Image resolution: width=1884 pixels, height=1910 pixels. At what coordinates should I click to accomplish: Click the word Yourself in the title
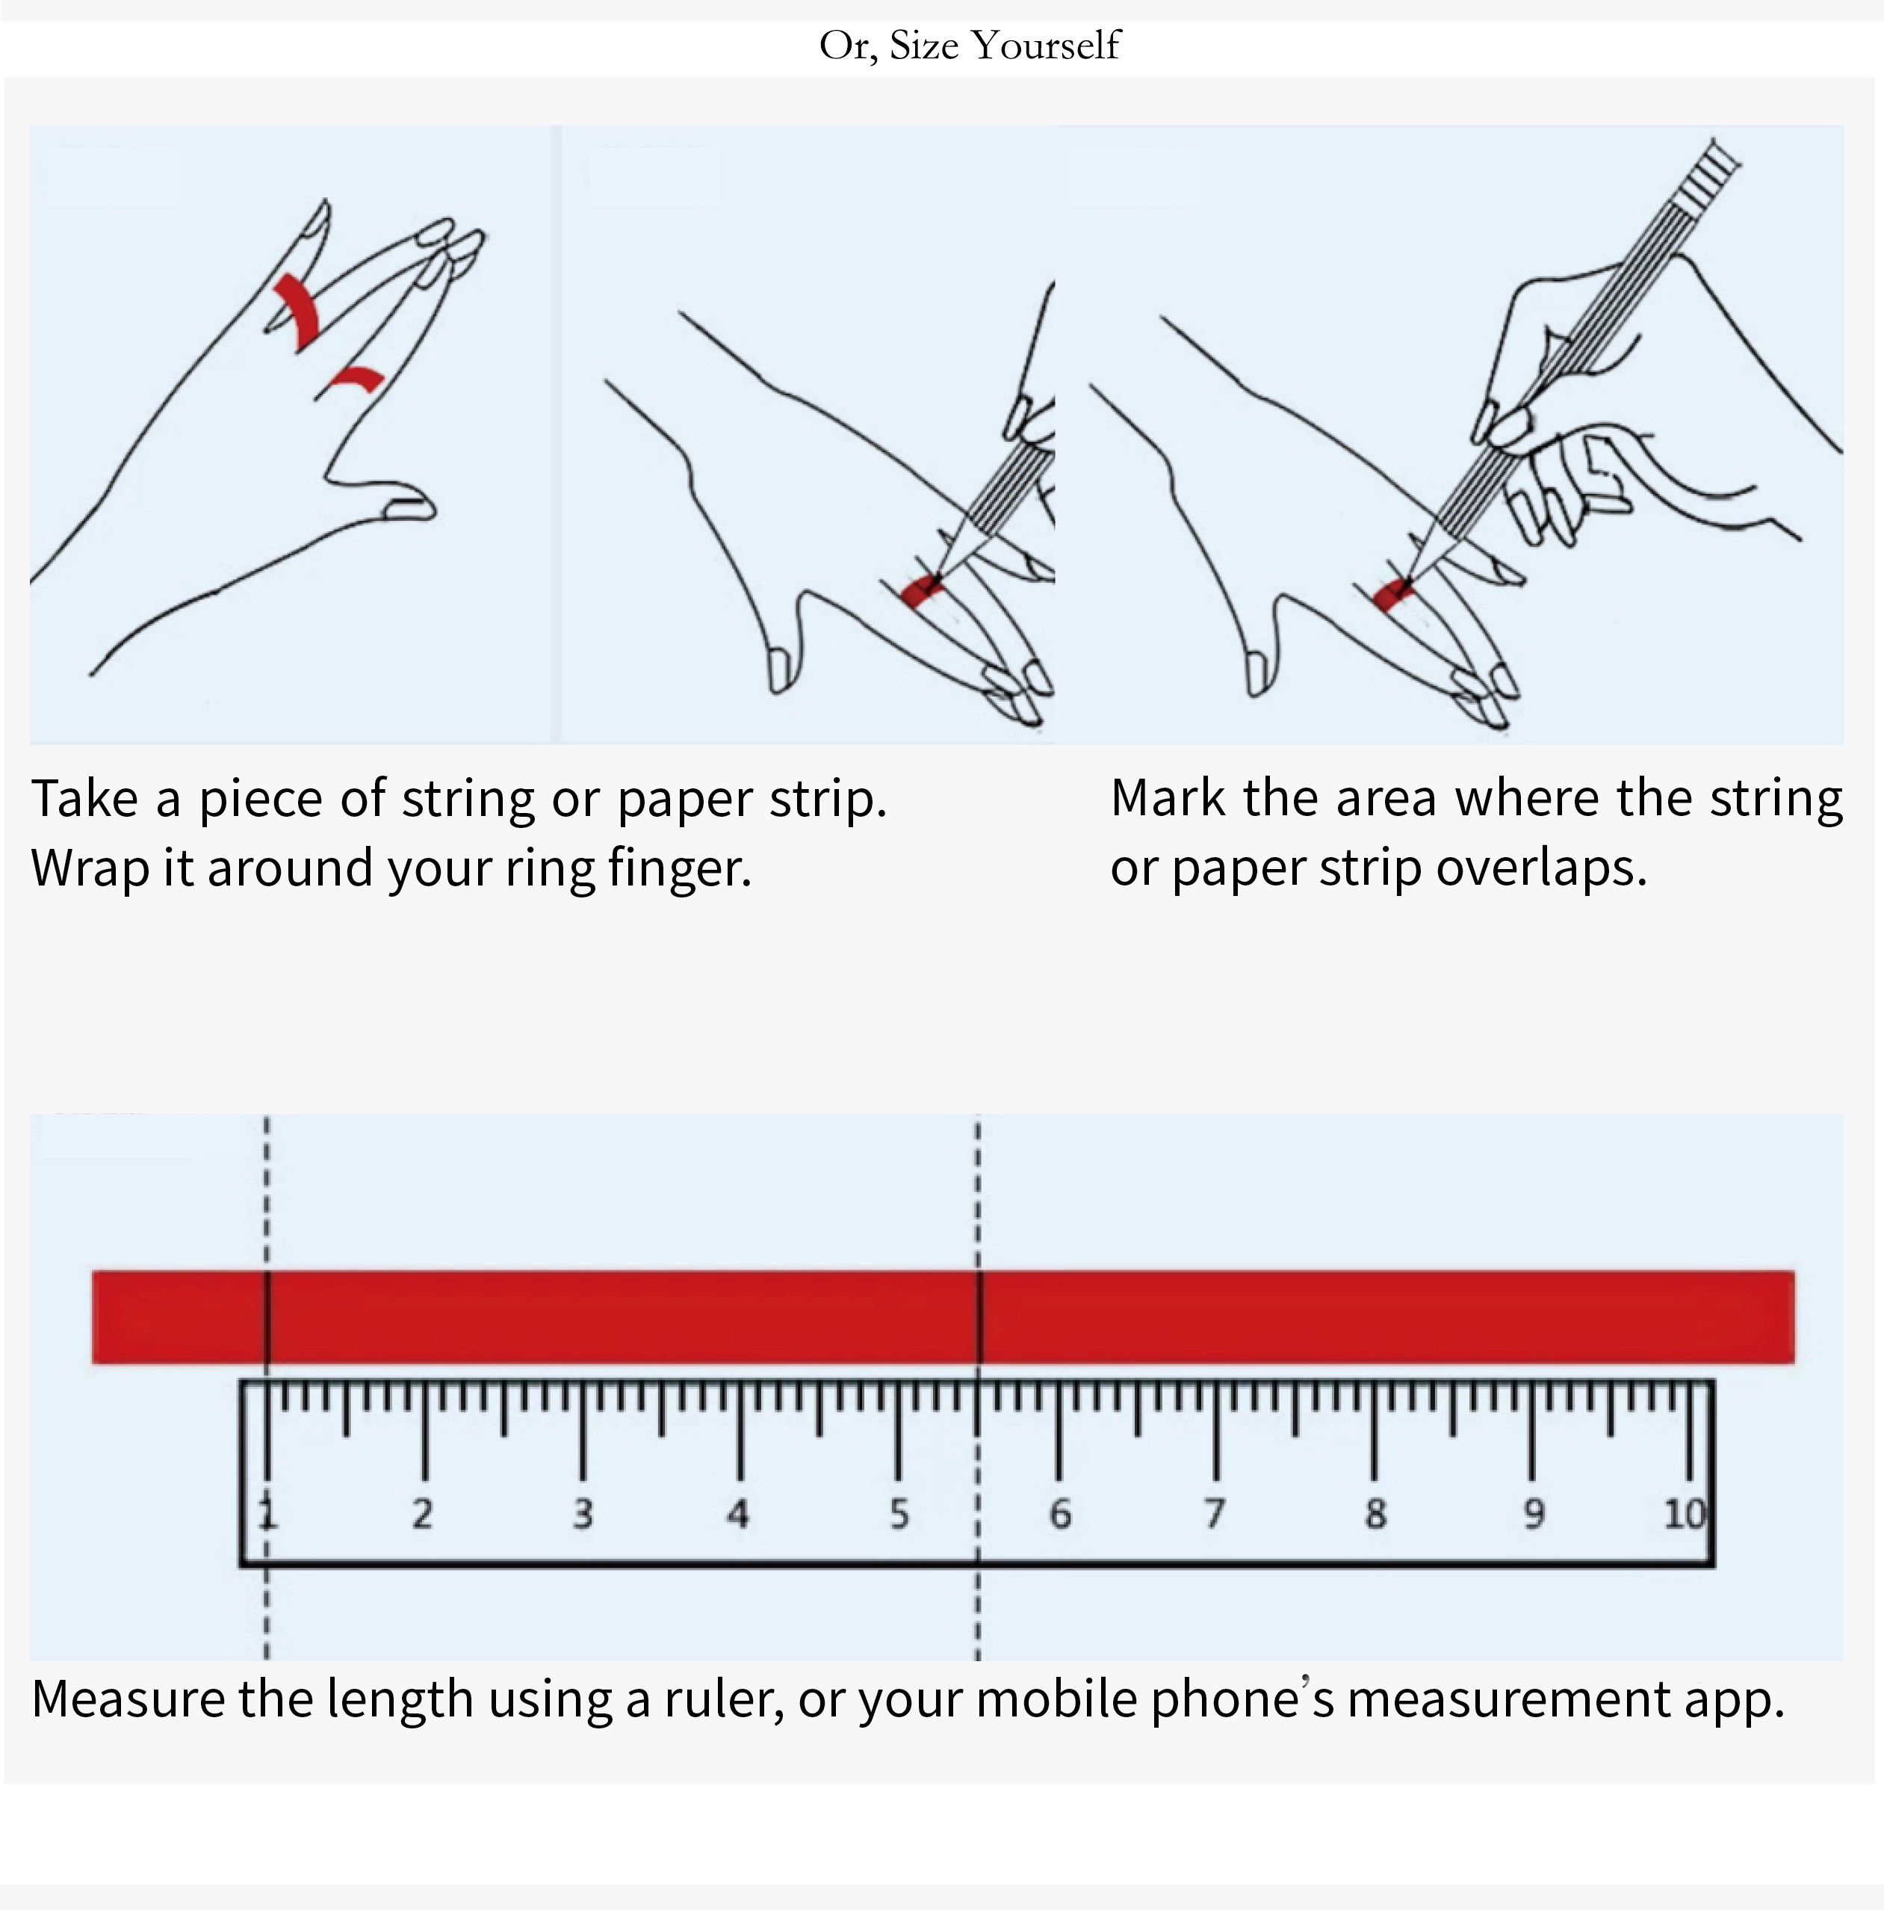(1045, 46)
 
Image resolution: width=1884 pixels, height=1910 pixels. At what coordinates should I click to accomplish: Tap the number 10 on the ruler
(1685, 1512)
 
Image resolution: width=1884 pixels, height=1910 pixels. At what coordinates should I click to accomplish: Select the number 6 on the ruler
(1059, 1512)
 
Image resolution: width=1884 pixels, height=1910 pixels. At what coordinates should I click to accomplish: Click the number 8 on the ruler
(1375, 1512)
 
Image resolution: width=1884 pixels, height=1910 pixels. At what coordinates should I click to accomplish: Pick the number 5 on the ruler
(899, 1512)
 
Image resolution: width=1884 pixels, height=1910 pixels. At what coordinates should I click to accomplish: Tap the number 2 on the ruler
(422, 1512)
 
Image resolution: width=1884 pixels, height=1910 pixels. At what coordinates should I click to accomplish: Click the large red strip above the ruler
(943, 1317)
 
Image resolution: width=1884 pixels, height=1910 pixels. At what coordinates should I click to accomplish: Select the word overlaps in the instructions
(1541, 868)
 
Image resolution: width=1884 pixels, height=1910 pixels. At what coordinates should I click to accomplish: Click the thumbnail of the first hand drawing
(291, 434)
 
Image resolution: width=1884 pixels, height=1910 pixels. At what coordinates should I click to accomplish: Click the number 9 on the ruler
(1532, 1512)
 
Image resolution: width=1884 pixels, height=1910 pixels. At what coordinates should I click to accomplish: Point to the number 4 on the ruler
(738, 1512)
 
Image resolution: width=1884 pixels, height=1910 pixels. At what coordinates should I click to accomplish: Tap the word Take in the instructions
(85, 798)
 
